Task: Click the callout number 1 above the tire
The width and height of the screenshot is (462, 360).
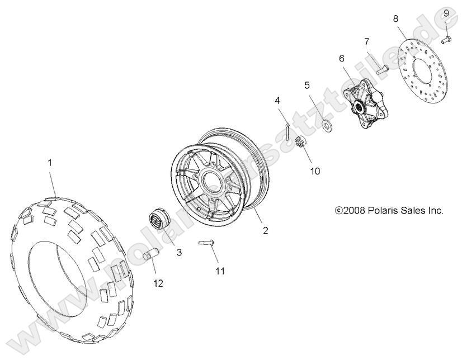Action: click(50, 163)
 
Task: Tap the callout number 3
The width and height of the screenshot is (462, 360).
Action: click(179, 253)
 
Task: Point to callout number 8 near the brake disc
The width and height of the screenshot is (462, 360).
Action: click(395, 18)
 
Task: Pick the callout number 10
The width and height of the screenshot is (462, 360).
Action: click(315, 171)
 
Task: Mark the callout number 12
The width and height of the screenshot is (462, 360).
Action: click(158, 283)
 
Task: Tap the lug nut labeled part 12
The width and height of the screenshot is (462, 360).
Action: click(149, 259)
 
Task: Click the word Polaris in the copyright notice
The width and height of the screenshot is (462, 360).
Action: click(385, 211)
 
